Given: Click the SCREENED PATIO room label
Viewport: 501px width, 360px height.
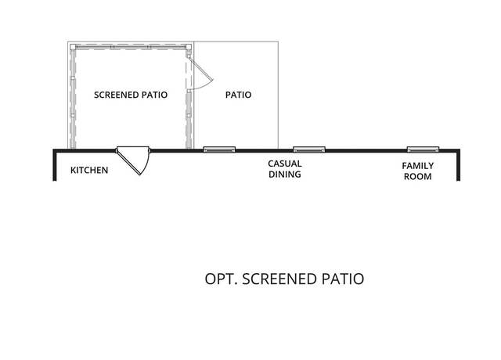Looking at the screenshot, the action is pos(131,95).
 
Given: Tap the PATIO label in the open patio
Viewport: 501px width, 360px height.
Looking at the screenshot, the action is pos(238,95).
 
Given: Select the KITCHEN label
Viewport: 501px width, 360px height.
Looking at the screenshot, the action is pos(89,171).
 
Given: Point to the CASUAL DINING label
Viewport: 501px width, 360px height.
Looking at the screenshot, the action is pos(285,169).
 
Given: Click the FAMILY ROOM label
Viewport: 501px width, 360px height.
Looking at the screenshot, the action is pos(417,171).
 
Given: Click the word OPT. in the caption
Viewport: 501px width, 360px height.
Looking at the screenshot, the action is pos(221,279).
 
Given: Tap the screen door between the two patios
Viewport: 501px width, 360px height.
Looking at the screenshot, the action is pos(200,72).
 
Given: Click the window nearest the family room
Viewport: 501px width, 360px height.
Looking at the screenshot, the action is pos(423,149).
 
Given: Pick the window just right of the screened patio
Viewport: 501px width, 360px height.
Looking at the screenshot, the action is pos(219,149).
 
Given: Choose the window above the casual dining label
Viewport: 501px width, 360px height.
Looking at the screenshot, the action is pos(309,149).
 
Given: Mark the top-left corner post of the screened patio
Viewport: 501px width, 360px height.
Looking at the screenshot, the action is pos(73,47).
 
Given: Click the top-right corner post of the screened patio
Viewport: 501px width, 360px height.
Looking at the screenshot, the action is pos(189,47).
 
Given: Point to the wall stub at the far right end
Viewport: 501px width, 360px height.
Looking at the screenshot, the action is pos(458,165).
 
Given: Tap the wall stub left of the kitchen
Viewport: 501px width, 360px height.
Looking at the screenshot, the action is pos(55,165).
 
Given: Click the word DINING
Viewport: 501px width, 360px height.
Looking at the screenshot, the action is pos(285,175).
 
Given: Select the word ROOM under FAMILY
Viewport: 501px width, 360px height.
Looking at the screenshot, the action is pos(417,177).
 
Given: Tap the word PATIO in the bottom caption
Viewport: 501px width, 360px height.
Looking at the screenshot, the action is pos(343,279).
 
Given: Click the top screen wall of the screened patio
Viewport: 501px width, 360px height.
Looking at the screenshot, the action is pos(131,47).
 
